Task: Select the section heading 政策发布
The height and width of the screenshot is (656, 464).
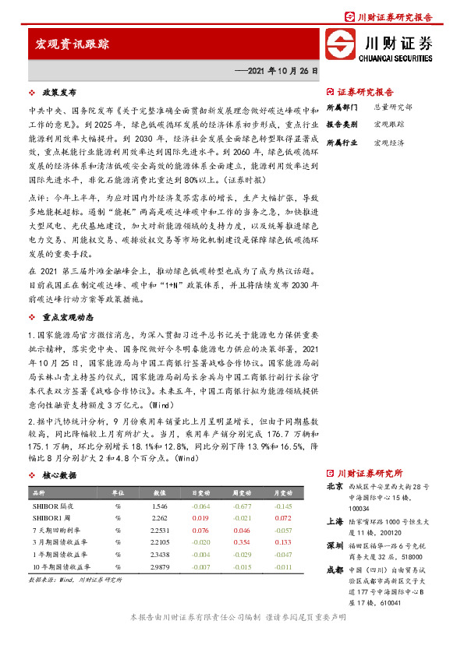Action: click(x=59, y=91)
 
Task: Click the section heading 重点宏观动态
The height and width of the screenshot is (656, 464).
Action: click(x=69, y=317)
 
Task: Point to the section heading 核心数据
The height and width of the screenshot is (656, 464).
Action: click(x=59, y=474)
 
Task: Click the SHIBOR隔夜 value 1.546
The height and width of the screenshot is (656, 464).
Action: click(x=160, y=506)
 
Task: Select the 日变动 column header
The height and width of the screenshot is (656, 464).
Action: click(x=201, y=494)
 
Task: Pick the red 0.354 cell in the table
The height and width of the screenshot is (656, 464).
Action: click(x=242, y=541)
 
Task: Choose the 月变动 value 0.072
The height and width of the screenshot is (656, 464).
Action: click(x=282, y=518)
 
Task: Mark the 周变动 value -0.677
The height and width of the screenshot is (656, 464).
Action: click(x=242, y=506)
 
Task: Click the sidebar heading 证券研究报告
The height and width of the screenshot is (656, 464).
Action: click(x=366, y=91)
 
